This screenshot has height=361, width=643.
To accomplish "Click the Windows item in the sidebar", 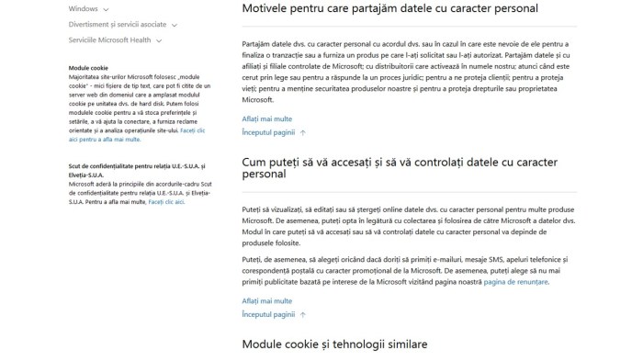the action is [x=83, y=7].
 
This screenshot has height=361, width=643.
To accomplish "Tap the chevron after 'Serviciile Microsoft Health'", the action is [x=159, y=41].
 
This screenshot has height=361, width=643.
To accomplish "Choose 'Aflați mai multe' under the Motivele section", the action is [x=266, y=118].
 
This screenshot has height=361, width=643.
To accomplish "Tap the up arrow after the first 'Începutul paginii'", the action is [x=303, y=133].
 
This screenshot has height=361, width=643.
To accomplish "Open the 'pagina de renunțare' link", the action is [x=516, y=282].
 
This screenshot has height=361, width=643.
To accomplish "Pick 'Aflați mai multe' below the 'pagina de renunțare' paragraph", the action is [x=266, y=300].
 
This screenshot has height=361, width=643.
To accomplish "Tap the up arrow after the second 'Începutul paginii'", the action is [x=303, y=315].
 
